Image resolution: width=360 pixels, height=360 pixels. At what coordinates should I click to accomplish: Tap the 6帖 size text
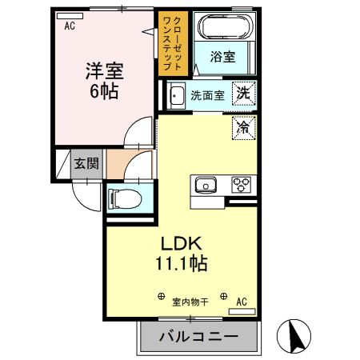coord(102,91)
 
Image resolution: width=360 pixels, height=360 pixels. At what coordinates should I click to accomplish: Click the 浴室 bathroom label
coord(222,58)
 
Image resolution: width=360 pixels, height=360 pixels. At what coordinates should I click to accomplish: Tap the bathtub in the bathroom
coord(223,29)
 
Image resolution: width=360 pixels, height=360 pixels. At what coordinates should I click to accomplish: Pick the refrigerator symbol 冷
coord(243,126)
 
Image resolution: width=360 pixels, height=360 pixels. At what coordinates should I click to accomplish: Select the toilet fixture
coord(124,196)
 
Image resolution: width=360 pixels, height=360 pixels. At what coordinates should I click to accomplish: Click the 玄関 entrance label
coord(86,164)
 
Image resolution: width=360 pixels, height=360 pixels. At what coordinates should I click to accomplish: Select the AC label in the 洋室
coord(70,25)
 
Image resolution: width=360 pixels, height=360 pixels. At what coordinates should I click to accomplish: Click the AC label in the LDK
coord(241,302)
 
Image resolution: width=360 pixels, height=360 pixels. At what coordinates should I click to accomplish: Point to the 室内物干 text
coord(190,302)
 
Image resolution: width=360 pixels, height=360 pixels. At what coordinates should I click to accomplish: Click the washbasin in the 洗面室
coord(176,94)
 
